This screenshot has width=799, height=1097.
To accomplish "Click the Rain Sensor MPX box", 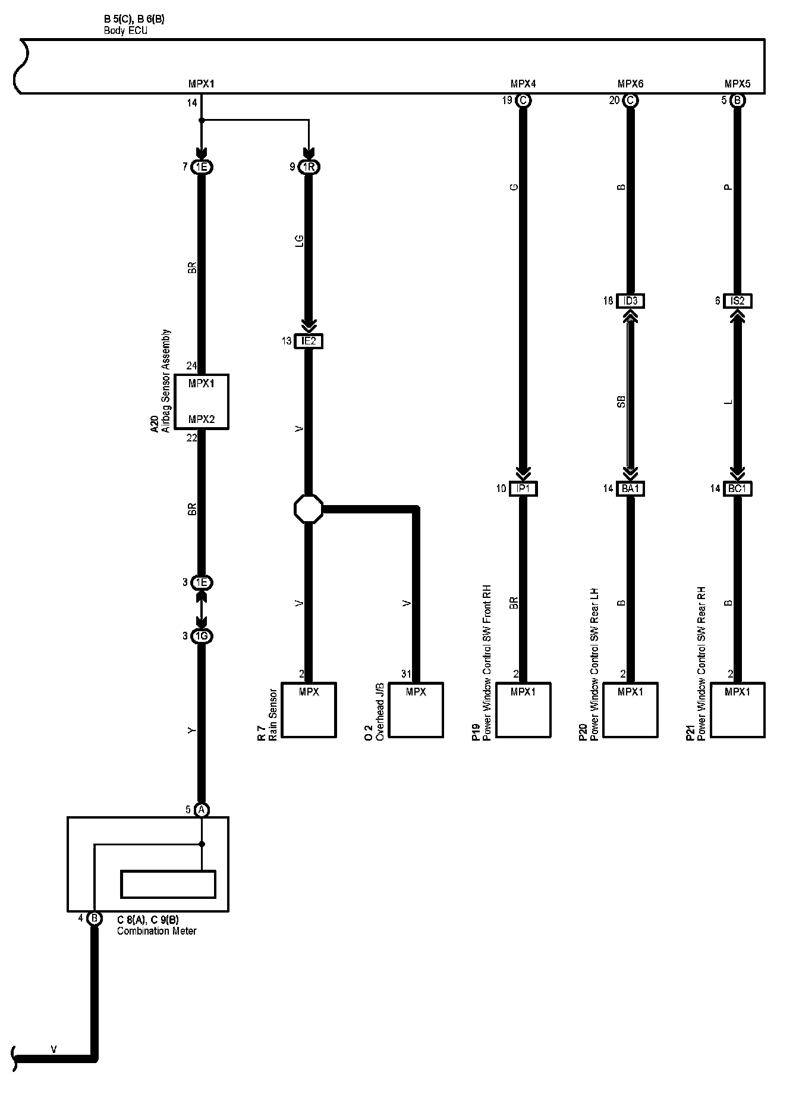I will coord(309,710).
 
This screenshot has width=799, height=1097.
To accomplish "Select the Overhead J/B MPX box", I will coord(416,710).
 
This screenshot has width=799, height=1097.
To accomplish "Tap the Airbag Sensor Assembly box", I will coord(202,402).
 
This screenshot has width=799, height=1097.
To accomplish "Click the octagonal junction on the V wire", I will coord(309,509).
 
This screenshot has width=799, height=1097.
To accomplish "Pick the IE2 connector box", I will coord(309,341).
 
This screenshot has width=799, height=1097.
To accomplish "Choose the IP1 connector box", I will coord(524,488).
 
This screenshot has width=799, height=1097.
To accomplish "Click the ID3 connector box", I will coord(630,301).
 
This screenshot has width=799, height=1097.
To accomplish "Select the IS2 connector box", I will coord(737,301).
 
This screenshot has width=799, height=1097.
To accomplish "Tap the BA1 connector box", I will coord(630,488).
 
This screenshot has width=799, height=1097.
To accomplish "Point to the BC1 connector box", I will coord(738,488).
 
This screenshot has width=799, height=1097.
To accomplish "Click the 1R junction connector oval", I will coord(309,167).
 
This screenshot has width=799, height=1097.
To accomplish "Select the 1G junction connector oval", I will coord(202,637).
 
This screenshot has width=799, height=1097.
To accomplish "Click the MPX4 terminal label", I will coord(523,84).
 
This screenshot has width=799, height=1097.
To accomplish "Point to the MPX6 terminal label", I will coord(630,84).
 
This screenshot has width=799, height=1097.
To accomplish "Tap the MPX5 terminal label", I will coord(737,84).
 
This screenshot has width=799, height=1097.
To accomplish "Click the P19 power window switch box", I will coord(523,710).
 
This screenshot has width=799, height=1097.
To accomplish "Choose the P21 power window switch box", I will coord(738,710).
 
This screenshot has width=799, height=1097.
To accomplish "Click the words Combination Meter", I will coord(156,931).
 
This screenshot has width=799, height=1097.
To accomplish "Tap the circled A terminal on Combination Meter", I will coord(202,810).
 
